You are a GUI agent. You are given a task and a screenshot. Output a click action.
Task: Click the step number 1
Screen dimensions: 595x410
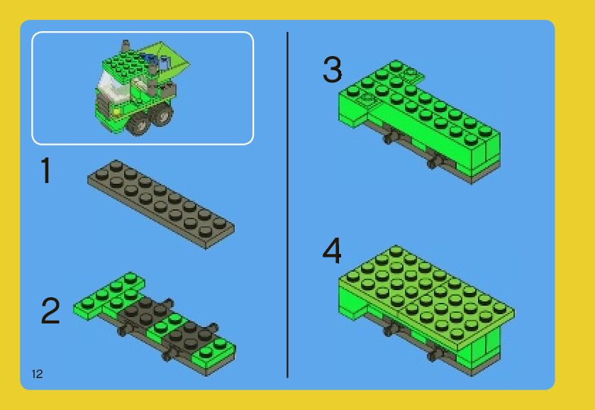[46, 170]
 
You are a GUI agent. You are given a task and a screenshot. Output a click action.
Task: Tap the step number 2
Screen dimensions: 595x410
[50, 311]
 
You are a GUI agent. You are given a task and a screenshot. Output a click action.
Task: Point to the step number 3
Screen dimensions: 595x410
[333, 69]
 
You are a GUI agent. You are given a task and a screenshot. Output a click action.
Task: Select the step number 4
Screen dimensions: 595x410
[332, 250]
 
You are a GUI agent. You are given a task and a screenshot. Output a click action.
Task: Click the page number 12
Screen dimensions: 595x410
[37, 374]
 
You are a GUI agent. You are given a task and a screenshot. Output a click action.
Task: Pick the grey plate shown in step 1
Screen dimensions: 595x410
[161, 204]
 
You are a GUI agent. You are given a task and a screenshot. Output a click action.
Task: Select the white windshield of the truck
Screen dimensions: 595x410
[110, 86]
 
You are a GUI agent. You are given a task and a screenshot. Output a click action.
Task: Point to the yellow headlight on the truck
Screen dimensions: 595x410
[117, 111]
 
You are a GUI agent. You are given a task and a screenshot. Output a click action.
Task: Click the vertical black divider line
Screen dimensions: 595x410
[288, 205]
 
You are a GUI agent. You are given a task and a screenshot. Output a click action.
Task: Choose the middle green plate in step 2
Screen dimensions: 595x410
[166, 326]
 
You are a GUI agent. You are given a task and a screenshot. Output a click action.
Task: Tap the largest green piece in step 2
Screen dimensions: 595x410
[109, 296]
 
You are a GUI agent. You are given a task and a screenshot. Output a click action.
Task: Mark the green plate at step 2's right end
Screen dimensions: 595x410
[213, 353]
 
